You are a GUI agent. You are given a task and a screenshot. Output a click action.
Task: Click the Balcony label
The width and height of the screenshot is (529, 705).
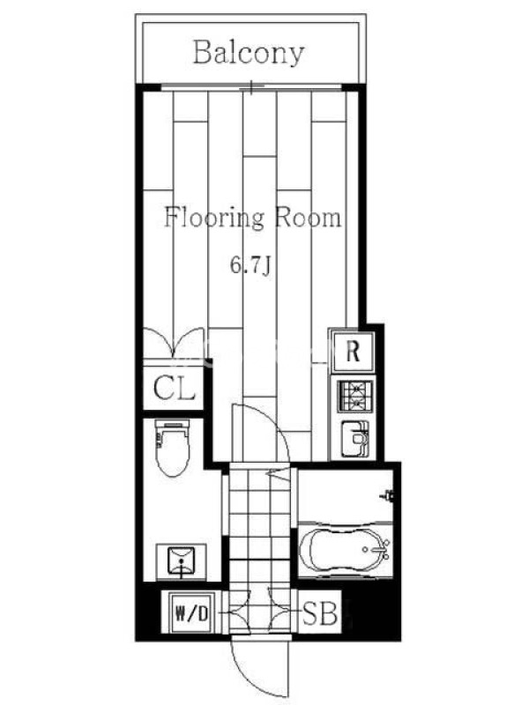pos(249,53)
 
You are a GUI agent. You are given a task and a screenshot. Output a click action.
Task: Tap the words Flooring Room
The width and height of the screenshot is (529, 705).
pos(252,218)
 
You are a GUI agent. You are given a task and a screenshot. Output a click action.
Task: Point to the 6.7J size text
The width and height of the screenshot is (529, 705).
pos(250,265)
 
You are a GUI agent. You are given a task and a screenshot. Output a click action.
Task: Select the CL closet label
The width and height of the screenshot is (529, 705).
pos(175,388)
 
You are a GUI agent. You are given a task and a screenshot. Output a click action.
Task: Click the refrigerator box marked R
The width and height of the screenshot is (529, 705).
pos(353,351)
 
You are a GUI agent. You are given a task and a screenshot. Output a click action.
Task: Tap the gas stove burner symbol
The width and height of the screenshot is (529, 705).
pos(356,396)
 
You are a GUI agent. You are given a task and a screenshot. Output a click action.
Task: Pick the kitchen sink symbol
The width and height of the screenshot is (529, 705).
pos(356,439)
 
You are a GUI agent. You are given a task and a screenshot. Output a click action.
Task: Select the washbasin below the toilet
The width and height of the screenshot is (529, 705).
pos(182,561)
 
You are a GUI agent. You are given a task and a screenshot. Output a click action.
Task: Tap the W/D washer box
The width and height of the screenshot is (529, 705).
pos(191,613)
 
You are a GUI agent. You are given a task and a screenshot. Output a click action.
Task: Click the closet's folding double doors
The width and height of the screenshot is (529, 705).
pos(173,343)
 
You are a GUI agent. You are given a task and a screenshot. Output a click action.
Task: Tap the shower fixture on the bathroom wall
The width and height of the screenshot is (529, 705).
pos(387,495)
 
